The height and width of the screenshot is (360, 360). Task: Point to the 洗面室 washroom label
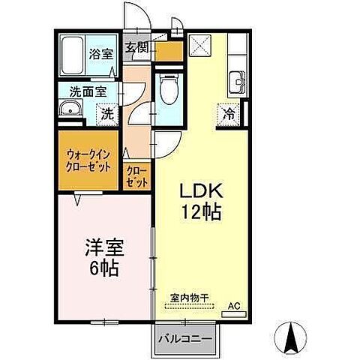(88, 92)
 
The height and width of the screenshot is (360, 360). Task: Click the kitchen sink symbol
(238, 79)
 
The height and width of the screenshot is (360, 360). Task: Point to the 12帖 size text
(201, 213)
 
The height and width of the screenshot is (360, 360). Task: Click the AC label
(235, 305)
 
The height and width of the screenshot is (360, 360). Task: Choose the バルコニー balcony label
(184, 338)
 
